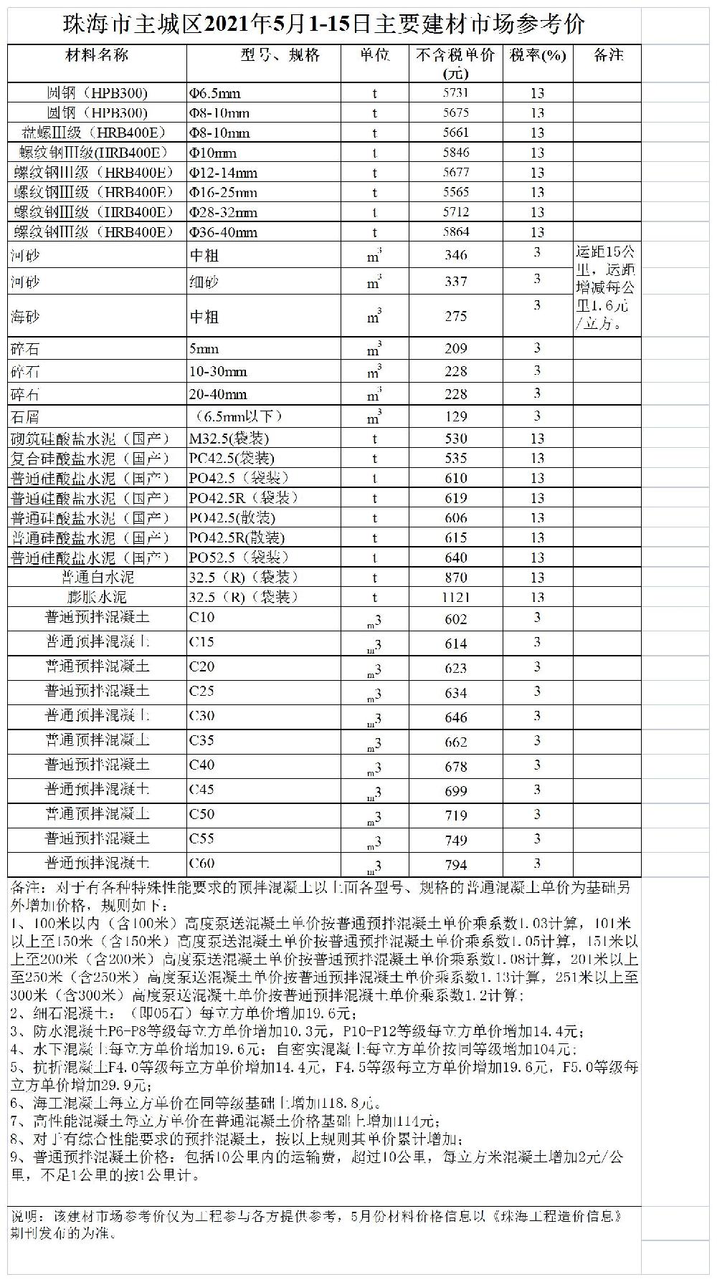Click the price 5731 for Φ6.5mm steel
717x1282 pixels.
pos(455,93)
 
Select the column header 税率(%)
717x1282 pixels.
pos(537,56)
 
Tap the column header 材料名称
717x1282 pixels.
pos(97,56)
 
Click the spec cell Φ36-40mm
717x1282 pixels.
pos(223,232)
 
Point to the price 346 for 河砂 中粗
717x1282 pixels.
pos(455,255)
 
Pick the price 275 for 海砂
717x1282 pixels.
pos(455,316)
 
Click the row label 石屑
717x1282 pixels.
pos(25,417)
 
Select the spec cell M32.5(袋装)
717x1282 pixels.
pos(229,439)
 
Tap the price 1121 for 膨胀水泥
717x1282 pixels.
pos(455,598)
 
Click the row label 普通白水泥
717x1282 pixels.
pos(98,578)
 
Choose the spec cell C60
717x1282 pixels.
pos(201,864)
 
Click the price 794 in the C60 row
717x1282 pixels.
pos(455,865)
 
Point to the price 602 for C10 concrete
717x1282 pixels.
pos(455,620)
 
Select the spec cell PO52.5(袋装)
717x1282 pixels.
pos(239,558)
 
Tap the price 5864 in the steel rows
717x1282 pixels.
pos(455,232)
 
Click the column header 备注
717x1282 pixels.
pos(608,56)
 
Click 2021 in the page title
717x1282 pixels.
pos(230,25)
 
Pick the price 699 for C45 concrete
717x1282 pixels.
pos(455,791)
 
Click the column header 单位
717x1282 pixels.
pos(374,56)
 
